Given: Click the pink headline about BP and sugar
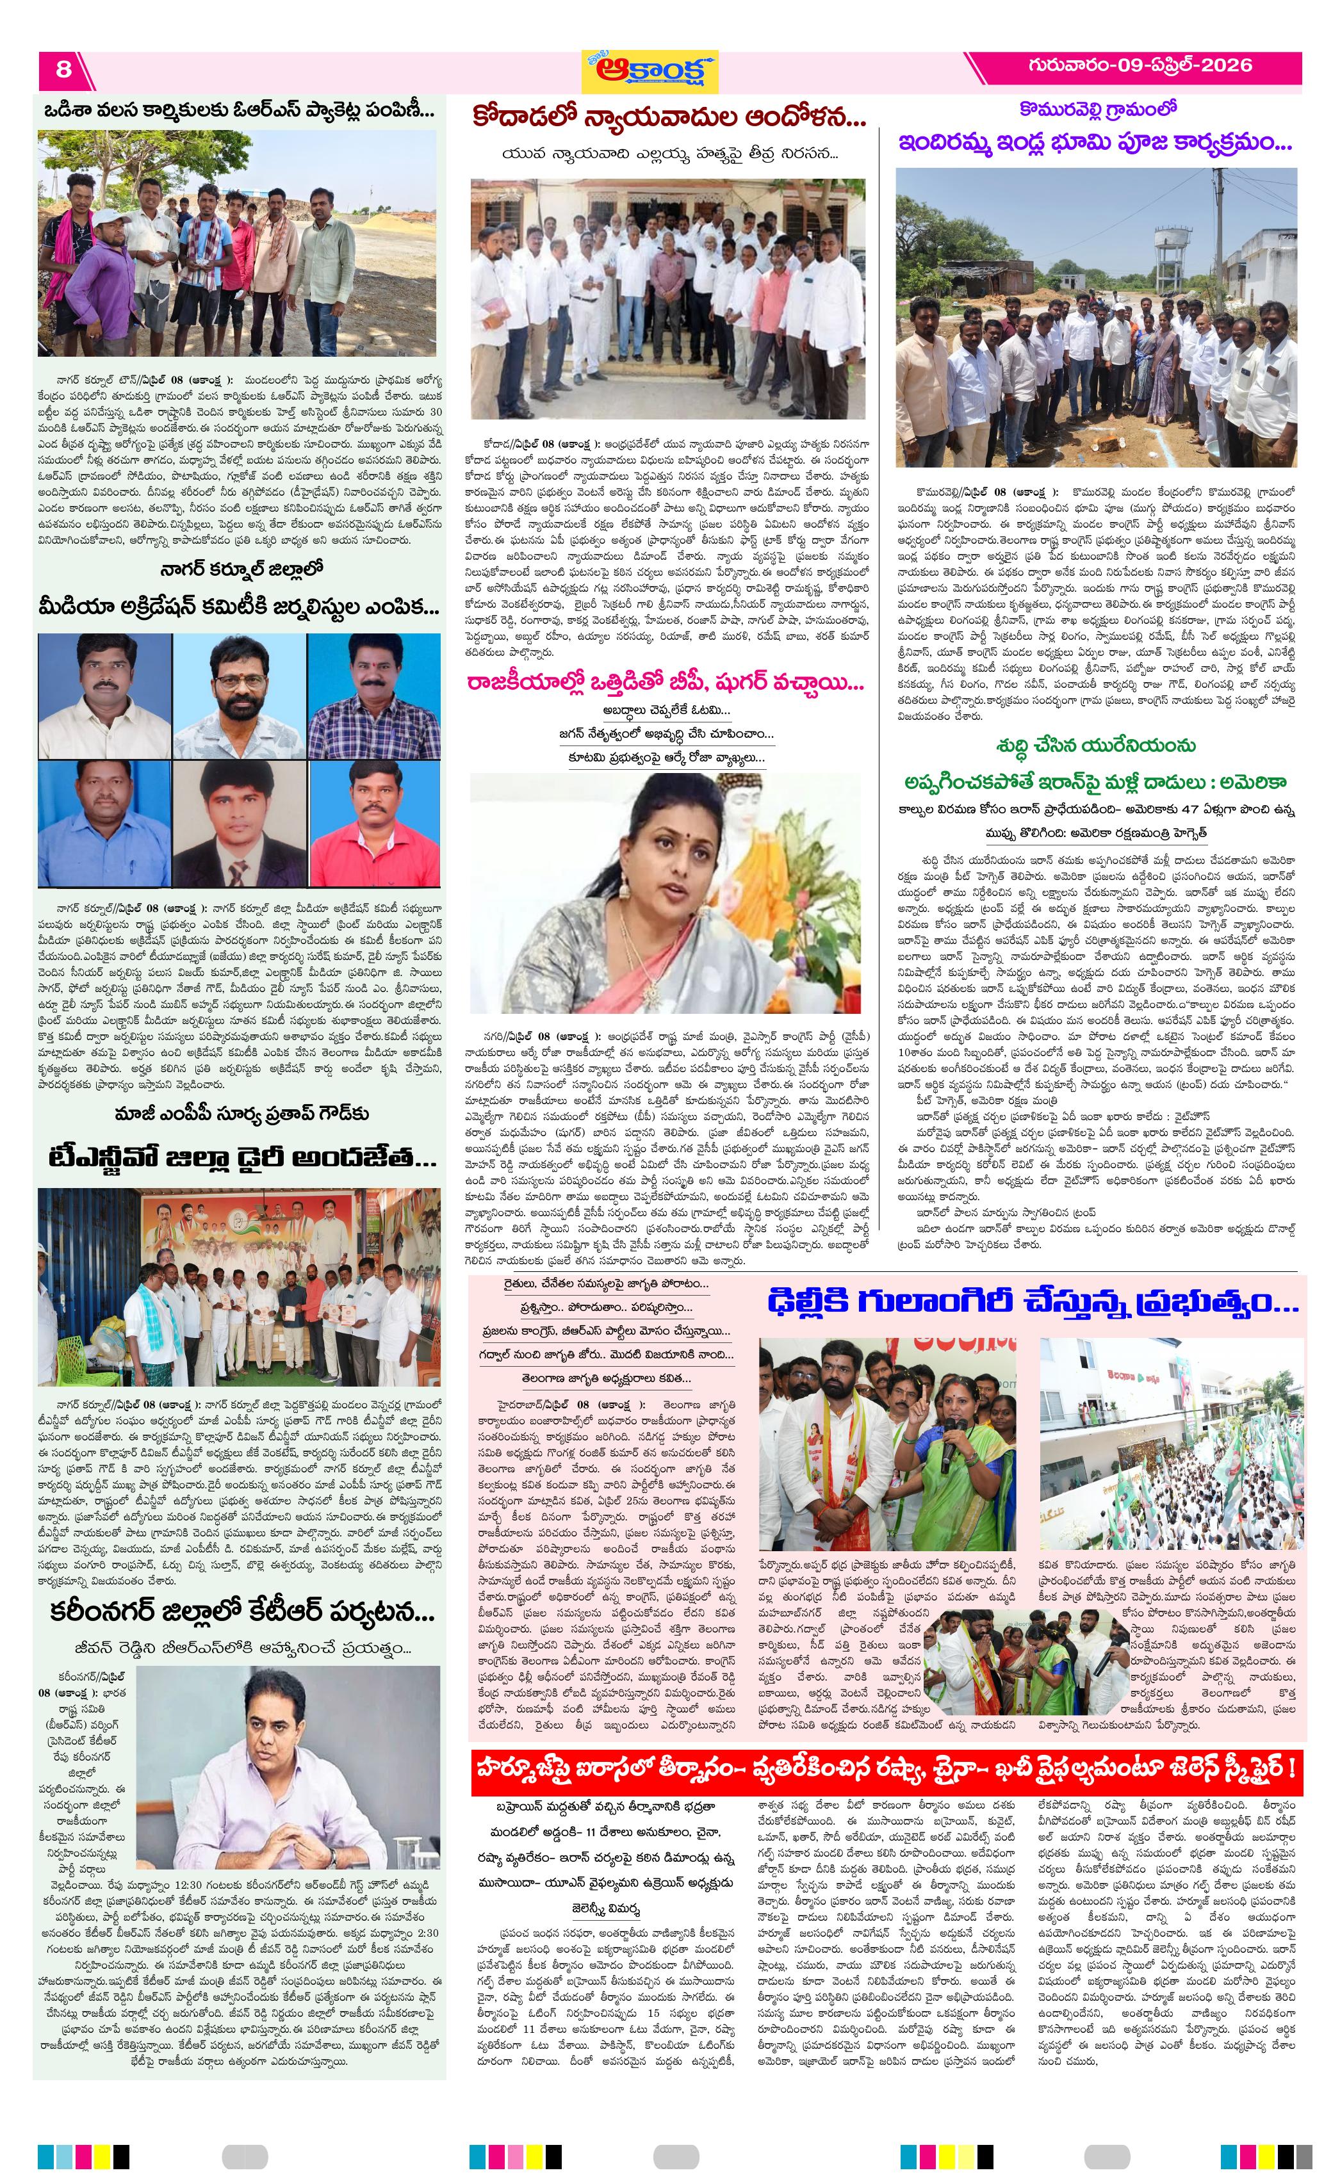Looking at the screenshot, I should click(666, 684).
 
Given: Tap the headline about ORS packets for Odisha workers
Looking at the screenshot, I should click(239, 112).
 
